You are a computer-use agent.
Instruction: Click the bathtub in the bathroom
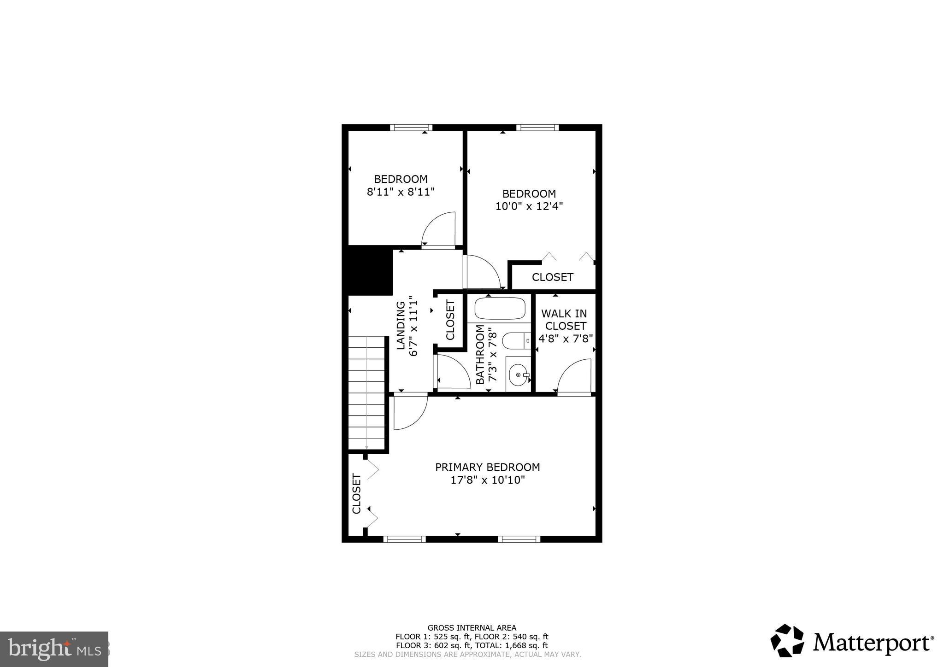tap(500, 309)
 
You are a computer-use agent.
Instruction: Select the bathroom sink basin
tap(519, 375)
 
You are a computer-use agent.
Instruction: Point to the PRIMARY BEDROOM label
tap(488, 467)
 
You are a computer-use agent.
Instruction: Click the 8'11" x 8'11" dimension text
tap(401, 192)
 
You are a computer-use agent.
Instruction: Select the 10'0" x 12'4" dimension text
tap(529, 206)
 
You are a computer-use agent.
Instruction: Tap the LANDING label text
tap(401, 325)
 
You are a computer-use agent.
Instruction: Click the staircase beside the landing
tap(366, 392)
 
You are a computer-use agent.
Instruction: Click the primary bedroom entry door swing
tap(410, 412)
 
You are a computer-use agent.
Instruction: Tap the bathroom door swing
tap(453, 371)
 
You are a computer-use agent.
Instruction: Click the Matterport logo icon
tap(787, 641)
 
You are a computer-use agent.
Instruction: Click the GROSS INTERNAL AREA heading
tap(472, 628)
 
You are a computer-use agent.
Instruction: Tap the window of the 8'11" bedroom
tap(411, 128)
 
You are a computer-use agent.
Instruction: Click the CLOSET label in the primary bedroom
tap(356, 493)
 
